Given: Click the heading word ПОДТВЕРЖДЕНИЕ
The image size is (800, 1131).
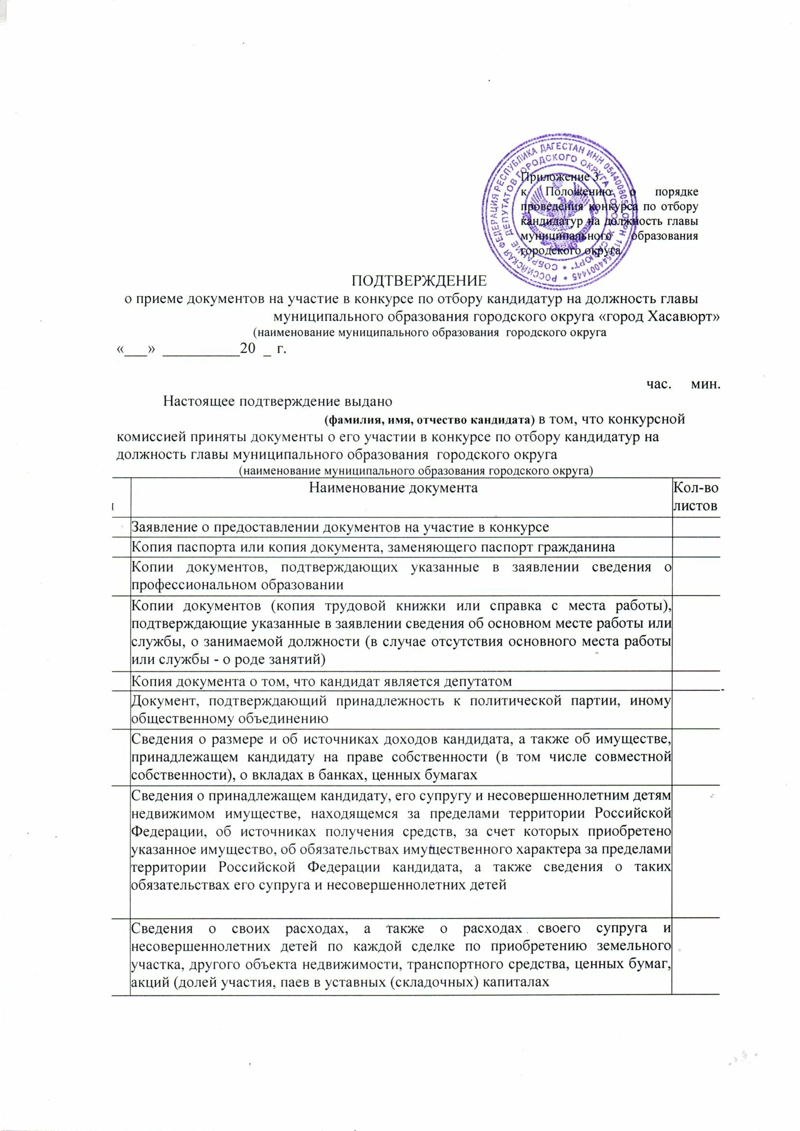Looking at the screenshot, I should (419, 281).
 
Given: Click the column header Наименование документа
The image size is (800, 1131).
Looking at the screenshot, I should (393, 488).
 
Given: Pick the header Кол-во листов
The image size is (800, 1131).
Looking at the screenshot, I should (695, 496).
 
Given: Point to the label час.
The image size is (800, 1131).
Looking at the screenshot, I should (659, 384).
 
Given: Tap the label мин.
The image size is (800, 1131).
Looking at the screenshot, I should (705, 384).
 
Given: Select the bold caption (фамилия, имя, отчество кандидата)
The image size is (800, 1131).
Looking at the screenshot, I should (429, 420).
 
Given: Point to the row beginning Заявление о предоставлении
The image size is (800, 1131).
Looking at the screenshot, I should (340, 527).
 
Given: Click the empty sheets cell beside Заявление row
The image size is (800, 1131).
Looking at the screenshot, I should (696, 527).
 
